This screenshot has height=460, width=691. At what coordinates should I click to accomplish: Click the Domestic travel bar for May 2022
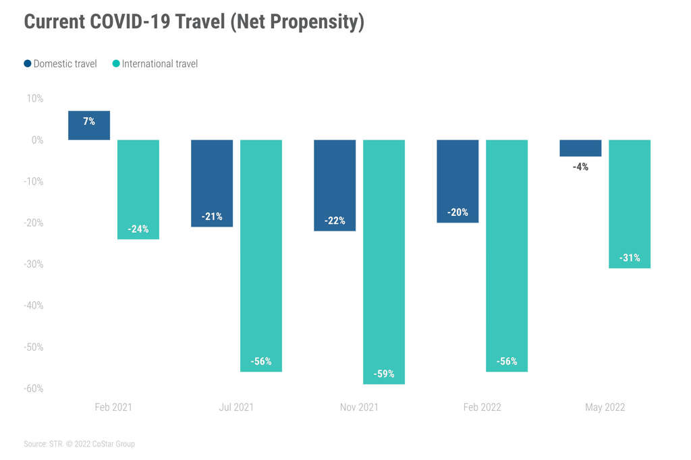tap(580, 148)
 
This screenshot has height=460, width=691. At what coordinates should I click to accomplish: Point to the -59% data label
tap(384, 374)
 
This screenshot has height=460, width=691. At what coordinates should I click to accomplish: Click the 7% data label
tap(89, 121)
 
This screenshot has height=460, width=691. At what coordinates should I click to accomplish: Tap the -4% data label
tap(580, 167)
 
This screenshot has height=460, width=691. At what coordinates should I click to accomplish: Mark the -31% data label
tap(630, 258)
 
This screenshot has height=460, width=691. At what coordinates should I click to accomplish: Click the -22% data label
tap(335, 221)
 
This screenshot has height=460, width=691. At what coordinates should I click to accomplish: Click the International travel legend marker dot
tap(116, 64)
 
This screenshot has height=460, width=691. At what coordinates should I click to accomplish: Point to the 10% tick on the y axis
tap(34, 98)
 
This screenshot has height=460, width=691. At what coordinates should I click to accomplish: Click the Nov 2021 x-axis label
tap(359, 407)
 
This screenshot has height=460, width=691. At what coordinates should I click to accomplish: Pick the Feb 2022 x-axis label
tap(482, 407)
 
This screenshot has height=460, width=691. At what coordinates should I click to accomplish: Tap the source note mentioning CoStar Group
tap(79, 444)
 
